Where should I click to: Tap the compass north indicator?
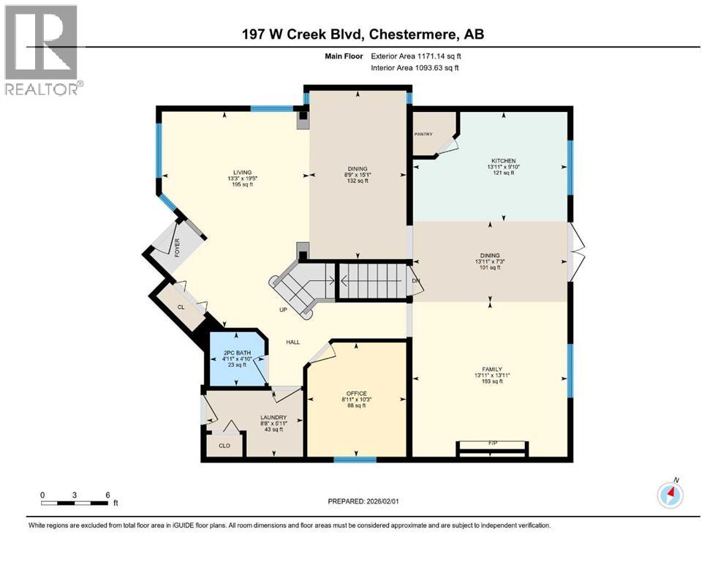click(x=670, y=495)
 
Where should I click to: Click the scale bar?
click(x=75, y=503)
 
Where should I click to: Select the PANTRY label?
click(x=423, y=134)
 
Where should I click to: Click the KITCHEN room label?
click(x=503, y=161)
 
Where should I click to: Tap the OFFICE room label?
click(x=355, y=393)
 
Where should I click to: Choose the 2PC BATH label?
click(x=237, y=354)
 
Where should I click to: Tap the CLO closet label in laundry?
click(x=224, y=444)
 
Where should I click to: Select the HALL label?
click(x=293, y=342)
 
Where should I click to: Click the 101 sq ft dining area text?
click(x=491, y=268)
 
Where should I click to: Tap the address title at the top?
click(x=363, y=34)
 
